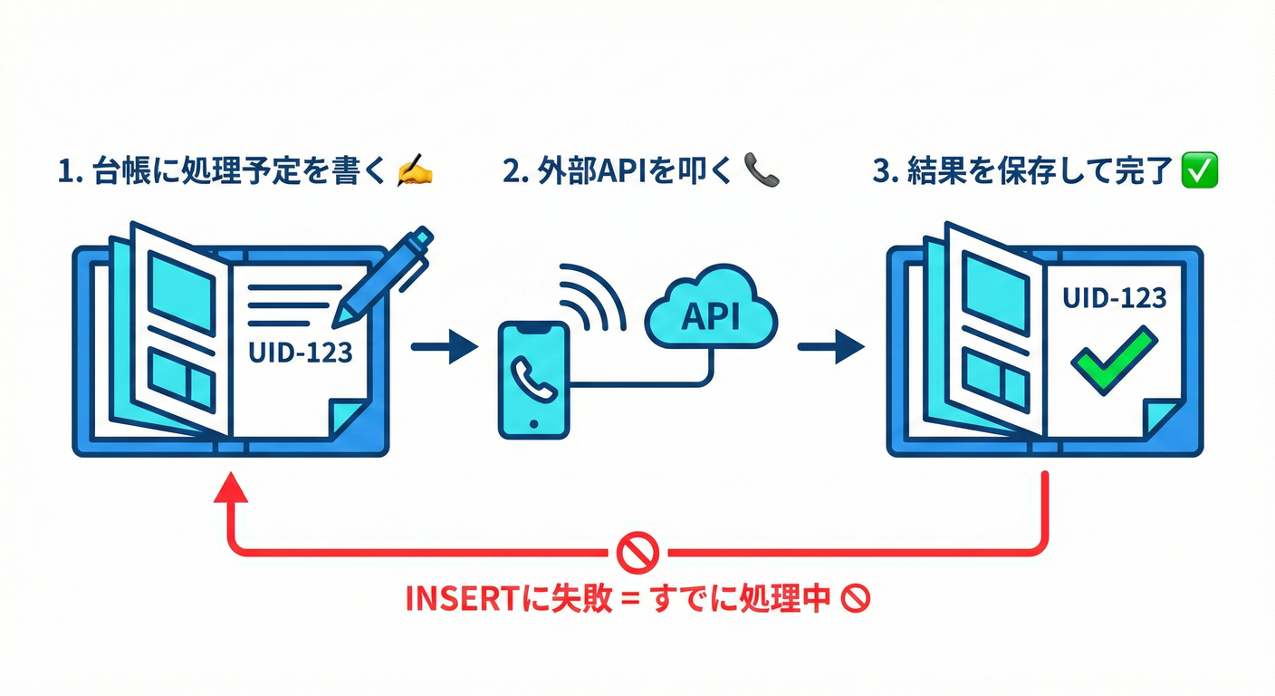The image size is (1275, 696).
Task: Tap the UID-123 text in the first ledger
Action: pos(300,352)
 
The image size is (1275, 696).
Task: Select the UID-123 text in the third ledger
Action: pos(1114,298)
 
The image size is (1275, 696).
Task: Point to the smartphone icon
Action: pos(534,381)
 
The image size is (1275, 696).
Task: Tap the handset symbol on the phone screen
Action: pos(534,379)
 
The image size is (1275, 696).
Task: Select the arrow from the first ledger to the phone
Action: pos(444,346)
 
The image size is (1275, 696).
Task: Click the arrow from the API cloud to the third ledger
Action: pos(829,346)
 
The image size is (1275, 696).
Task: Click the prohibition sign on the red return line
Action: pos(637,550)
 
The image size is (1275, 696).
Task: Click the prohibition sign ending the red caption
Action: pos(856,599)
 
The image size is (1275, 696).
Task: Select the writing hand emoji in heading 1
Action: pos(416,172)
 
